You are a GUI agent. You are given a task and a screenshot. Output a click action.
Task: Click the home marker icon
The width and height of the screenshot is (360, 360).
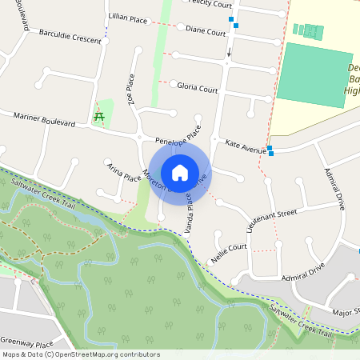[179, 172]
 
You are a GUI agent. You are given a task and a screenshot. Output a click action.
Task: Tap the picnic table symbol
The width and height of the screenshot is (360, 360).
[99, 117]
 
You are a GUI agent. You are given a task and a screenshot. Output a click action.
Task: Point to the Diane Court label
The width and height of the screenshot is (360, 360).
[206, 32]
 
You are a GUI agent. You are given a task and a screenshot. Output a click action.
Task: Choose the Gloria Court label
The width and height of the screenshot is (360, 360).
[198, 89]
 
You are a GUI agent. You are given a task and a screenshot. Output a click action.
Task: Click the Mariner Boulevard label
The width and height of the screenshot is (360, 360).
[44, 119]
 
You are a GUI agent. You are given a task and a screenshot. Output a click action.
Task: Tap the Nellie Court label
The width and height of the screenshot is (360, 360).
[229, 254]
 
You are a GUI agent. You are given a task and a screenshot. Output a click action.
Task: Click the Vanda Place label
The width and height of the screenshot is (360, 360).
[190, 211]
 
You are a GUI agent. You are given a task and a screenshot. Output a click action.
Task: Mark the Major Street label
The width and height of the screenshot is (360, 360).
[345, 310]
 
